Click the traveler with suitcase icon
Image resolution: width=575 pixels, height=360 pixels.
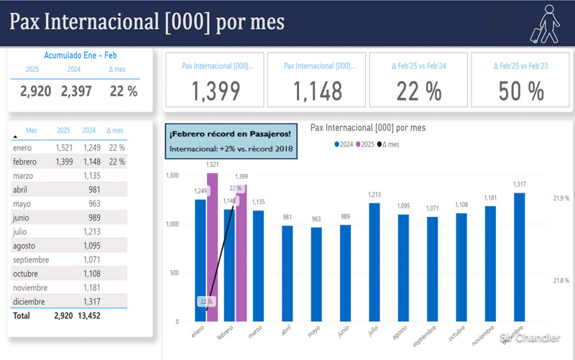pyautogui.click(x=546, y=23)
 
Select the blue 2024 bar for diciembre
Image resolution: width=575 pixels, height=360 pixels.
pyautogui.click(x=519, y=257)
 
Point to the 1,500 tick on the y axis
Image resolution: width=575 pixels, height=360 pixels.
pyautogui.click(x=172, y=175)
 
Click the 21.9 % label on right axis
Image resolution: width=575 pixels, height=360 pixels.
pyautogui.click(x=561, y=198)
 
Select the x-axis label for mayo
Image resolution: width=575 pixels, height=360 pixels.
pyautogui.click(x=313, y=333)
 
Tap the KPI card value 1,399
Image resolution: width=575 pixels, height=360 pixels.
pyautogui.click(x=216, y=91)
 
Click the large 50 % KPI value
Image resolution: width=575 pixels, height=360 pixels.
pyautogui.click(x=521, y=91)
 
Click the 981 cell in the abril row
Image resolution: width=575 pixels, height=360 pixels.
pyautogui.click(x=90, y=190)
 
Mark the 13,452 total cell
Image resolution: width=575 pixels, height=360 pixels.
pyautogui.click(x=88, y=315)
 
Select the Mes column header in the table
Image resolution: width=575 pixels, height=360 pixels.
pyautogui.click(x=32, y=131)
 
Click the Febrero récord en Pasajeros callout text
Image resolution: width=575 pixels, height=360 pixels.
pyautogui.click(x=230, y=134)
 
